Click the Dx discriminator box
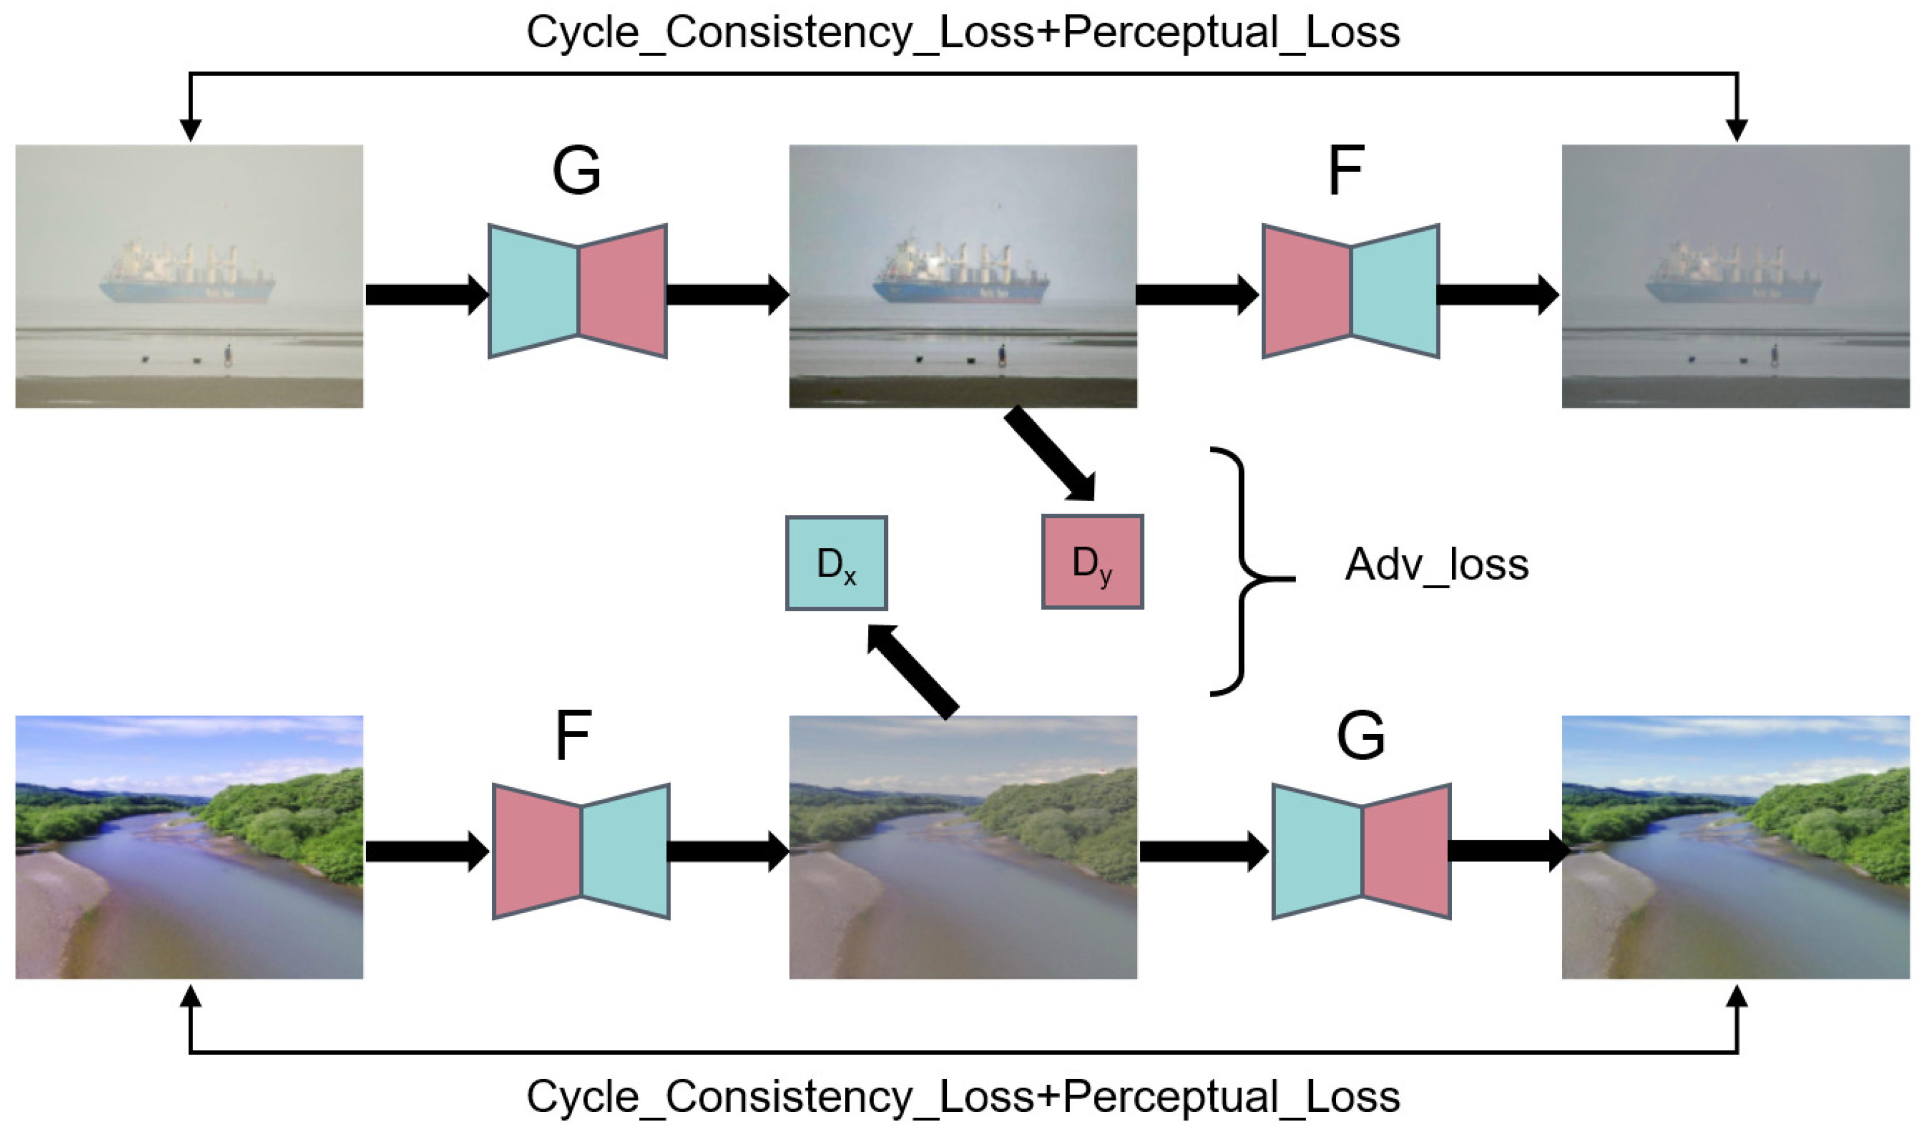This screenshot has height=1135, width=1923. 836,563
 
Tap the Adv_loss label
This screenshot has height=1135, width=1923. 1436,565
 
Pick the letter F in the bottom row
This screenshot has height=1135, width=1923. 573,735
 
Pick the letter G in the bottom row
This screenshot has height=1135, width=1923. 1360,735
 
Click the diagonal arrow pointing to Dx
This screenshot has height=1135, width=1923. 912,670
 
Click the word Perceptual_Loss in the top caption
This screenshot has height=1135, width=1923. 1231,32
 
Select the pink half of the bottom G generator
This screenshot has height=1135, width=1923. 1405,851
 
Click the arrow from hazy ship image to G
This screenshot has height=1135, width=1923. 425,295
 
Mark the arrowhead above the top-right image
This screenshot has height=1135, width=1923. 1736,130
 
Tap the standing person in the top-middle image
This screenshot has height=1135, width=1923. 1002,355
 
